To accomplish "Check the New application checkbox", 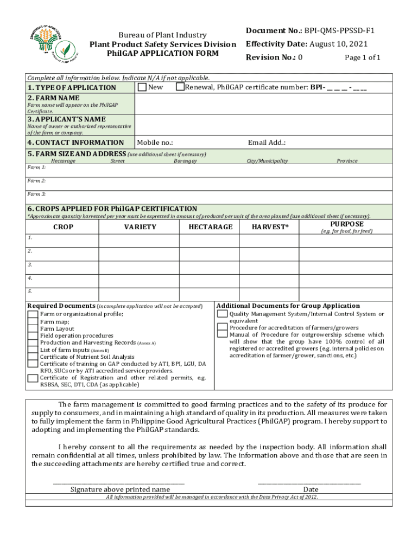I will (x=142, y=87).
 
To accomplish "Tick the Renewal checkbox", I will (x=180, y=87).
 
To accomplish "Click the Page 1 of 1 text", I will (x=362, y=58).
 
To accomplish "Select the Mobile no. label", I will (x=155, y=143).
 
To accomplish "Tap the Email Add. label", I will (x=267, y=143).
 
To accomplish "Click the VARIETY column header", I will (x=140, y=227).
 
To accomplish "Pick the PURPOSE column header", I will (x=346, y=224).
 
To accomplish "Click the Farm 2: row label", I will (x=36, y=180).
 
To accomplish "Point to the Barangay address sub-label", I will (x=185, y=161).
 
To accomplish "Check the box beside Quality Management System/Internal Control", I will (x=222, y=314).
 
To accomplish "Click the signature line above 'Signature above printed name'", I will (x=118, y=482).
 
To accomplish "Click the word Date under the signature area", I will (x=311, y=489).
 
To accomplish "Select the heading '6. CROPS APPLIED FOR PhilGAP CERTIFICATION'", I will (x=112, y=209).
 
